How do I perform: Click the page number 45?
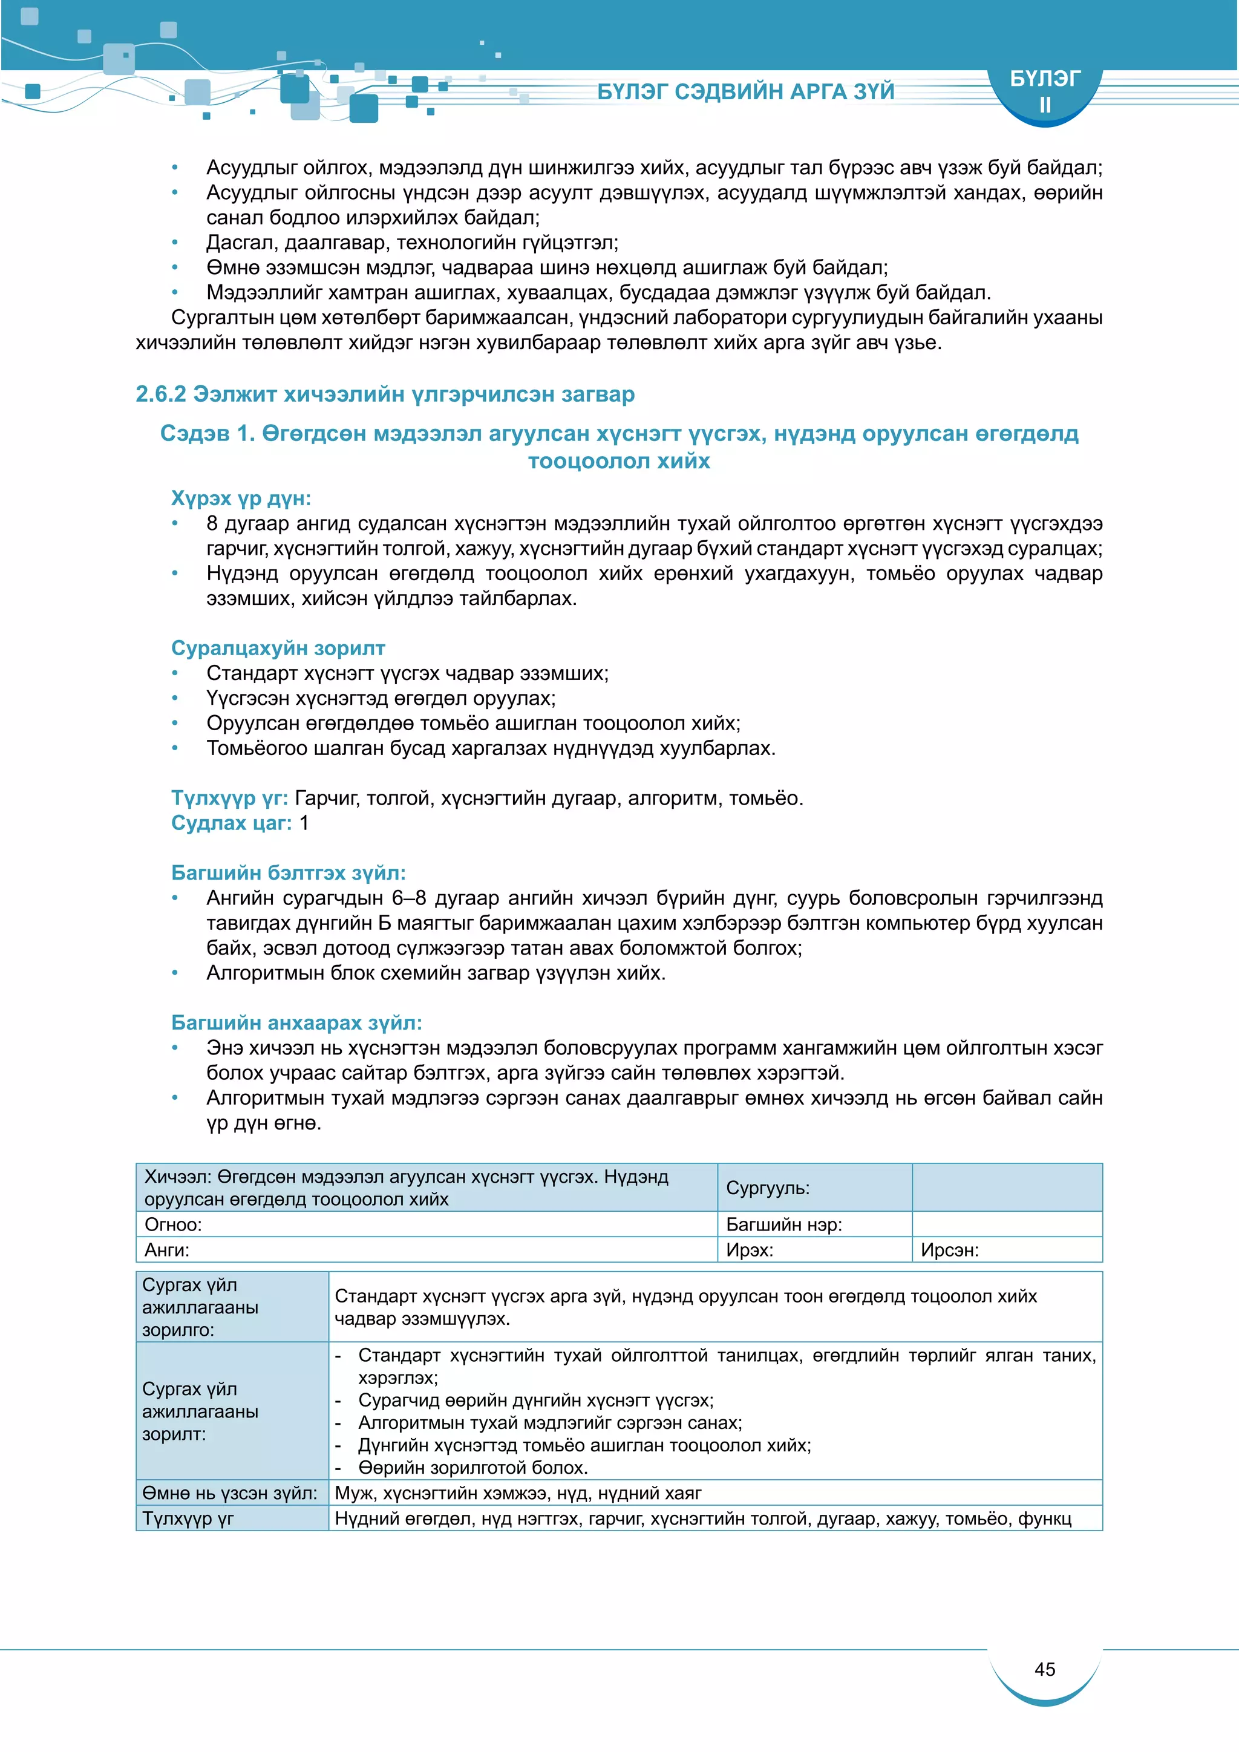coord(1044,1669)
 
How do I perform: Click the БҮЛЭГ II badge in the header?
coord(1044,91)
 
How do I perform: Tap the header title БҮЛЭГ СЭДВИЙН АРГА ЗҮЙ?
coord(745,91)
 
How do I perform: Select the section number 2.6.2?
coord(161,394)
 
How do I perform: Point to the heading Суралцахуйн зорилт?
coord(278,648)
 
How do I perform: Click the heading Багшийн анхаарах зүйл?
coord(296,1022)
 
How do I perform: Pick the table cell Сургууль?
coord(768,1188)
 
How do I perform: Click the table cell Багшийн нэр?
coord(783,1224)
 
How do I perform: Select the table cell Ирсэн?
coord(949,1250)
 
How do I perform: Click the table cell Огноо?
coord(173,1224)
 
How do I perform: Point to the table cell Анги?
coord(167,1250)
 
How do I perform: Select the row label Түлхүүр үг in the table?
coord(188,1518)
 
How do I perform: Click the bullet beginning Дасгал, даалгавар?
coord(412,243)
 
